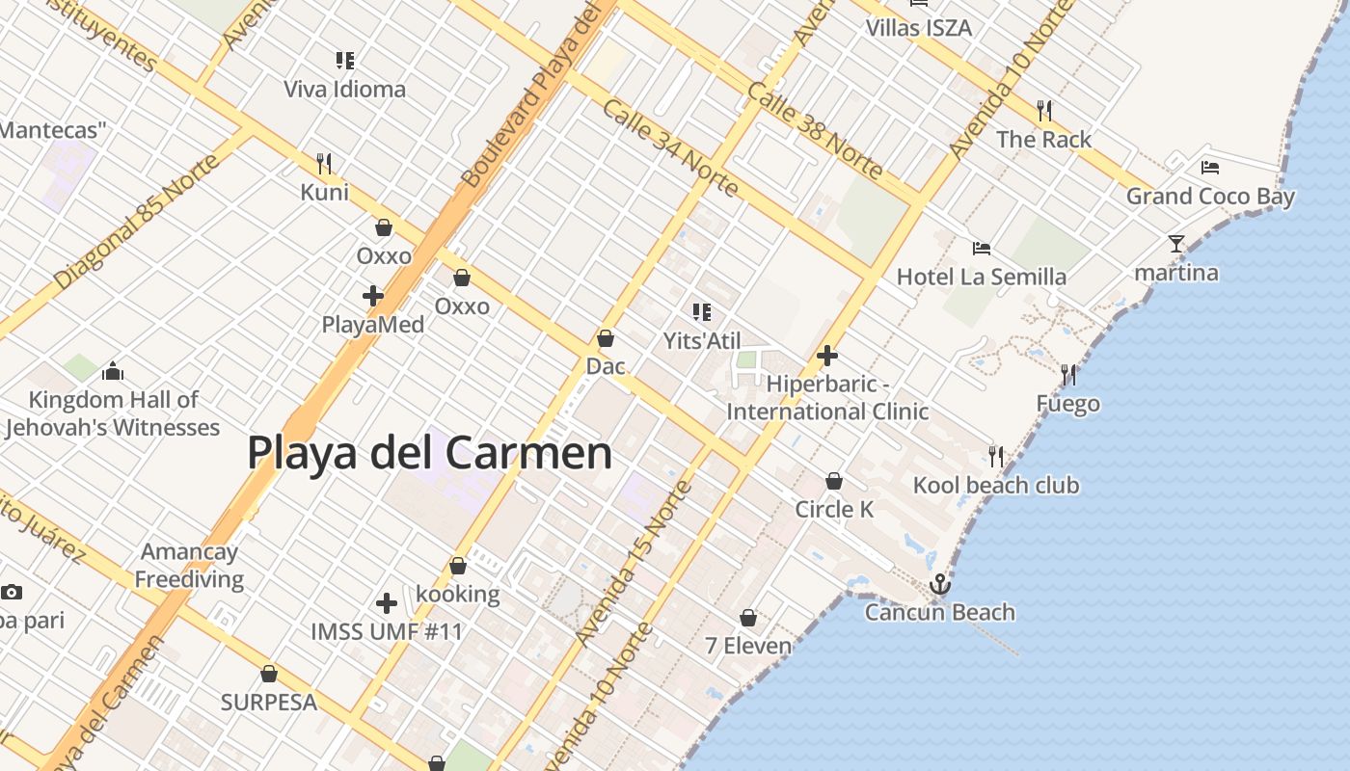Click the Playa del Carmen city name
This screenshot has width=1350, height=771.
click(x=429, y=452)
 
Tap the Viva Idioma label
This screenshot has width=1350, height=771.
click(x=344, y=90)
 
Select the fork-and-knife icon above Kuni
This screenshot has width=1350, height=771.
click(x=324, y=163)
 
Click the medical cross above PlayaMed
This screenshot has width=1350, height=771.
click(x=373, y=295)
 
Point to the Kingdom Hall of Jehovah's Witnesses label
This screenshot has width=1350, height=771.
click(x=113, y=413)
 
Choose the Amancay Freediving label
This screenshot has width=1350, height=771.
click(x=189, y=566)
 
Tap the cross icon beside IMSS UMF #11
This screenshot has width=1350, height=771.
click(x=387, y=603)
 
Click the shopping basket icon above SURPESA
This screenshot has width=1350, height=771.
click(x=269, y=673)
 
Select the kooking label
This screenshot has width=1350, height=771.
click(x=458, y=594)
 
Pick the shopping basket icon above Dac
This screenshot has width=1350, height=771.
click(x=606, y=338)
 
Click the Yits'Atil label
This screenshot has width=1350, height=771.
click(x=702, y=340)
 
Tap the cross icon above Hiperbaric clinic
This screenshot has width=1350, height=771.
click(x=826, y=356)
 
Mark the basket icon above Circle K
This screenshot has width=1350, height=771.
click(x=834, y=480)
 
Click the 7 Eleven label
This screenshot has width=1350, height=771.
click(x=748, y=645)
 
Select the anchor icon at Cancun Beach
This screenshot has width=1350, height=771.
click(x=939, y=584)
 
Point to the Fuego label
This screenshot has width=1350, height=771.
click(x=1068, y=403)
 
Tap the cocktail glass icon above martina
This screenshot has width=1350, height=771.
click(x=1175, y=243)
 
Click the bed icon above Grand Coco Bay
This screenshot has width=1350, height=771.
click(x=1210, y=167)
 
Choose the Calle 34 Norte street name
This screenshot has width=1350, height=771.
click(x=670, y=146)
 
